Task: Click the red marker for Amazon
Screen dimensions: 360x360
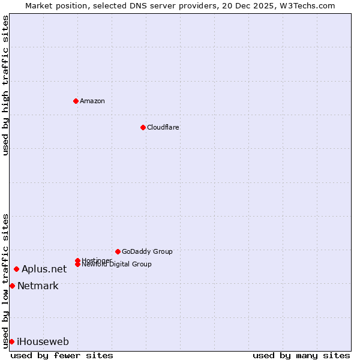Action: pyautogui.click(x=76, y=101)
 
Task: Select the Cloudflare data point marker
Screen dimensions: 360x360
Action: pyautogui.click(x=143, y=127)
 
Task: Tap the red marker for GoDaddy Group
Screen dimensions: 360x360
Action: pyautogui.click(x=118, y=251)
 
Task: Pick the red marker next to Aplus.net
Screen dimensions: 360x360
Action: pyautogui.click(x=16, y=269)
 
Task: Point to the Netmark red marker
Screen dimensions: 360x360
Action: pyautogui.click(x=12, y=286)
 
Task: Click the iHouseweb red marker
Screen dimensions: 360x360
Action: pyautogui.click(x=11, y=341)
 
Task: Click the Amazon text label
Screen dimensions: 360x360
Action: pyautogui.click(x=92, y=101)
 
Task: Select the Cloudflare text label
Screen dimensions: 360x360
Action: pyautogui.click(x=163, y=127)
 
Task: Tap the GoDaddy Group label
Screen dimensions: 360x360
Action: pyautogui.click(x=147, y=251)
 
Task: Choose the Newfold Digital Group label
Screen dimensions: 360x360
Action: pyautogui.click(x=116, y=265)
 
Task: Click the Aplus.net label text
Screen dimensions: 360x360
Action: pyautogui.click(x=44, y=269)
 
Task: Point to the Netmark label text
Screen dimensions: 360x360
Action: pyautogui.click(x=38, y=286)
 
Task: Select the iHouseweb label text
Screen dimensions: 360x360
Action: pyautogui.click(x=43, y=342)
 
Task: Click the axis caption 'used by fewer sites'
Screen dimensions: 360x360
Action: pyautogui.click(x=62, y=355)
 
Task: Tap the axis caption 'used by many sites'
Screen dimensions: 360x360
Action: pyautogui.click(x=301, y=355)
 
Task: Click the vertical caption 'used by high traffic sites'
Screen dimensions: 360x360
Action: pyautogui.click(x=5, y=85)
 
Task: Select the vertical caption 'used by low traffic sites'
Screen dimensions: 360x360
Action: pyautogui.click(x=5, y=281)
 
